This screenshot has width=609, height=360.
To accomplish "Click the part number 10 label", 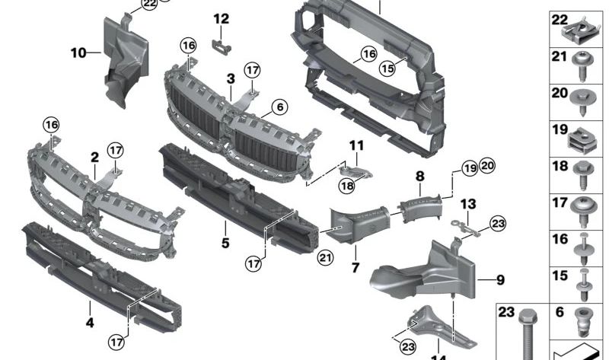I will (78, 53).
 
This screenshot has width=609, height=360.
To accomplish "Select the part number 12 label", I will (221, 18).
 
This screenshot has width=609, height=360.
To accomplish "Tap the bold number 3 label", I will (230, 78).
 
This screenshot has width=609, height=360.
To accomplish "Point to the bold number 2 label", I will (94, 158).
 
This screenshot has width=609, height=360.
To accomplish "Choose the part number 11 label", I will (357, 145).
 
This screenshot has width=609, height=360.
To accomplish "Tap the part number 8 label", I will (419, 176).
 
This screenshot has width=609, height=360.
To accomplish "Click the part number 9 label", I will (500, 279).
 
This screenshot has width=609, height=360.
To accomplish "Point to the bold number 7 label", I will (355, 268).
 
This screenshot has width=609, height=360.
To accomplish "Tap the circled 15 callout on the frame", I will (388, 68).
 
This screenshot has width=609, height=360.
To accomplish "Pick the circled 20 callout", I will (487, 166).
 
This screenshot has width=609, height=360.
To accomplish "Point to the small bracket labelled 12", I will (222, 44).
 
